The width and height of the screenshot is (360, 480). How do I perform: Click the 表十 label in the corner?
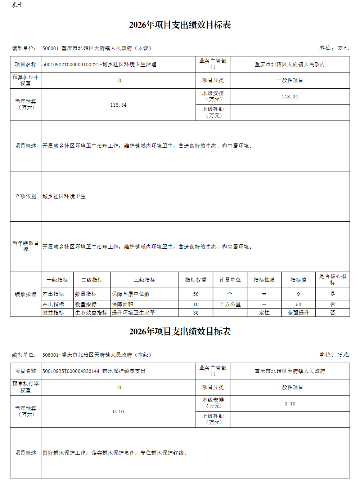pos(17,5)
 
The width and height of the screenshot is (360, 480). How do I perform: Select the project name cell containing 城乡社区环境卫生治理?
pos(99,65)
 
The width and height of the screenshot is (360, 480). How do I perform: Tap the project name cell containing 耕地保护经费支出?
pos(94,371)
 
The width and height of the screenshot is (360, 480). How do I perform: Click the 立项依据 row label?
pos(26,196)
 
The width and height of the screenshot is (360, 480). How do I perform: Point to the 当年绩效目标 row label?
pos(26,246)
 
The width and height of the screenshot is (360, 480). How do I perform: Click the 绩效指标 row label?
pos(26,294)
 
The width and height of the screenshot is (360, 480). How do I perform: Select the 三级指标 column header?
pos(144,280)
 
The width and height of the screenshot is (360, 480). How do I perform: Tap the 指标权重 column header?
pos(195,280)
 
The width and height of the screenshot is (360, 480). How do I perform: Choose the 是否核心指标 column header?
pos(332,279)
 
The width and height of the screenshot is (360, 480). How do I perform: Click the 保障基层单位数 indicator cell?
pos(131,294)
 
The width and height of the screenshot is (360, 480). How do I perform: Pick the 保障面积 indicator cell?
pos(122,305)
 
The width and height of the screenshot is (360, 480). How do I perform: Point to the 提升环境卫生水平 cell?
pos(133,313)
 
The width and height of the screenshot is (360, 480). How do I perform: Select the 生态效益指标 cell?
pos(91,313)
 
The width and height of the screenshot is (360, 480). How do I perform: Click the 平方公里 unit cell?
pos(230,305)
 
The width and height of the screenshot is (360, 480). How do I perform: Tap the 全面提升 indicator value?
pos(298,313)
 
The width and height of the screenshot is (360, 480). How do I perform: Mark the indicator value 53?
pos(298,305)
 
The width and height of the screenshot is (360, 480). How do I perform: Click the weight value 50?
pos(195,294)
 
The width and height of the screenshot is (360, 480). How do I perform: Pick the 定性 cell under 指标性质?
pos(264,313)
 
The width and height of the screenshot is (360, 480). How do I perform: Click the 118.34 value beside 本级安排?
pos(290,97)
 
